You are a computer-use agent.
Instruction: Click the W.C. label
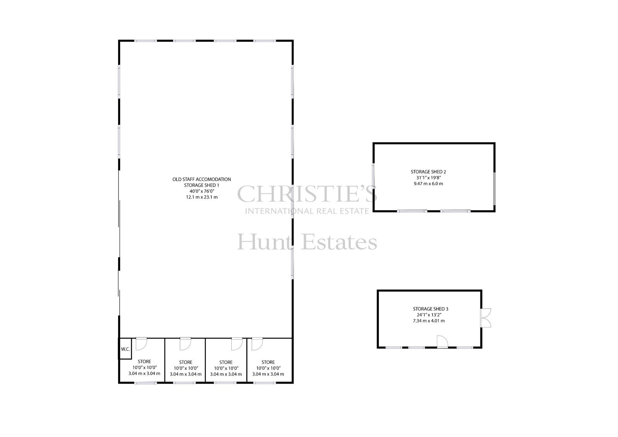tap(125, 349)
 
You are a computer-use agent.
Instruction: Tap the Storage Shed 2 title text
tap(428, 172)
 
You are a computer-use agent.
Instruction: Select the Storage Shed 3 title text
tap(428, 309)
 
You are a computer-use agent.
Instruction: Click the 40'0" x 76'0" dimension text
tap(202, 191)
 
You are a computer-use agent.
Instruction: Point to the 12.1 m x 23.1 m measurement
tap(202, 197)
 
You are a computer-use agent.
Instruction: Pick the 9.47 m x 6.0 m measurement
tap(428, 184)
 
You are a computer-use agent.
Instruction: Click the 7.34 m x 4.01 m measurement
tap(429, 321)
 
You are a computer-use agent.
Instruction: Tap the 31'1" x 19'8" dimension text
tap(428, 178)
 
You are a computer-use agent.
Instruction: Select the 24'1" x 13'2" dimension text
tap(428, 315)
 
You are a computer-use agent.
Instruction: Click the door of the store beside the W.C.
tap(141, 344)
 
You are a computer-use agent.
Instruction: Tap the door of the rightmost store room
tap(257, 344)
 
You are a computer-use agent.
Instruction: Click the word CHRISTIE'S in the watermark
tap(307, 194)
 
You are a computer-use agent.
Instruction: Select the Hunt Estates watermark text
tap(307, 241)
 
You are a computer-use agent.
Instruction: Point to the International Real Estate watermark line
tap(307, 211)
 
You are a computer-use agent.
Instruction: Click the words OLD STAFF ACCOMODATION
tap(202, 179)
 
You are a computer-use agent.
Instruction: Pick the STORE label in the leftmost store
tap(144, 362)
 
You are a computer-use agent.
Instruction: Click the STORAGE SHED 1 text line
tap(202, 185)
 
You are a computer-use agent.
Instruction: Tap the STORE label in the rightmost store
tap(268, 362)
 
